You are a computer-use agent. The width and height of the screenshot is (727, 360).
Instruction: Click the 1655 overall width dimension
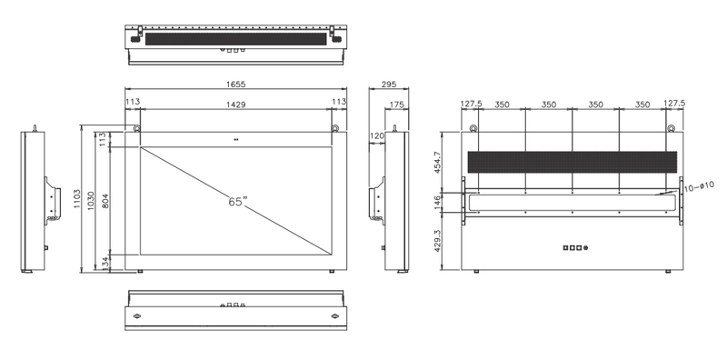tap(235, 84)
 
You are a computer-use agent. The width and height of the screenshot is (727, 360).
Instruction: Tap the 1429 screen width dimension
tap(235, 105)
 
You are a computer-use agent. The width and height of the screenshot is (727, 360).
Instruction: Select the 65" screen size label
tap(237, 202)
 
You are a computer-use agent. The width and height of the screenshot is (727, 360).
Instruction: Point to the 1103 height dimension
tap(77, 198)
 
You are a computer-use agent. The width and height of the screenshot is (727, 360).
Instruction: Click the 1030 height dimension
tap(92, 200)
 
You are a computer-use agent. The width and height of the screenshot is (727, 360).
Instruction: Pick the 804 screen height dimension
tap(105, 200)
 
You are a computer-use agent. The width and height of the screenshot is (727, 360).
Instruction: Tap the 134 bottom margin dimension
tap(105, 262)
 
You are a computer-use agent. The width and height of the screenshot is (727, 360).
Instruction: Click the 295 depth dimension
tap(389, 84)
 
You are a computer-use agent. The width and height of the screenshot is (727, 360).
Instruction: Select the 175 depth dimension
tap(396, 105)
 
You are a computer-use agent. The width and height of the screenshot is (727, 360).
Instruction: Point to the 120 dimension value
tap(377, 136)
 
